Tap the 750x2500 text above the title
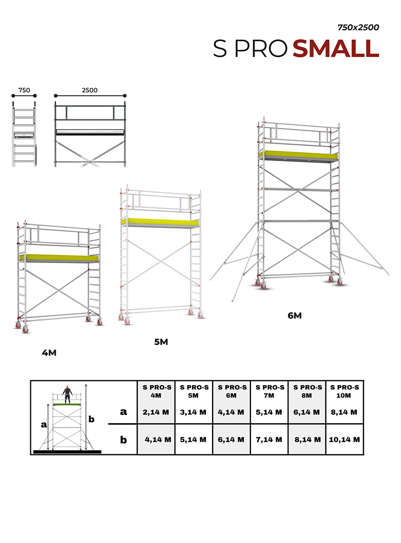click(x=358, y=27)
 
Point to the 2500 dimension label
click(x=90, y=90)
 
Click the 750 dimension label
click(x=24, y=90)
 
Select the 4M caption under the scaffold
click(x=49, y=353)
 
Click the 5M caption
click(x=161, y=342)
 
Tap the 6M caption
click(x=294, y=315)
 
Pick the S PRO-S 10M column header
click(x=344, y=391)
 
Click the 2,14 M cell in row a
click(x=156, y=412)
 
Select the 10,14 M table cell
click(x=344, y=439)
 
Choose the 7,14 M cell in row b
click(x=269, y=439)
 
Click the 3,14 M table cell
click(x=193, y=412)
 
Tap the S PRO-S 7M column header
click(x=270, y=391)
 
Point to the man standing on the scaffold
click(x=67, y=395)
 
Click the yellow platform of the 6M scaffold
click(x=298, y=155)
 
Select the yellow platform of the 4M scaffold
click(x=59, y=258)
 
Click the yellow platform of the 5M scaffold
click(x=160, y=222)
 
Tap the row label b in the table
click(x=123, y=440)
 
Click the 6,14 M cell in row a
click(x=307, y=412)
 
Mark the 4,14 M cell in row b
click(x=158, y=439)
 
